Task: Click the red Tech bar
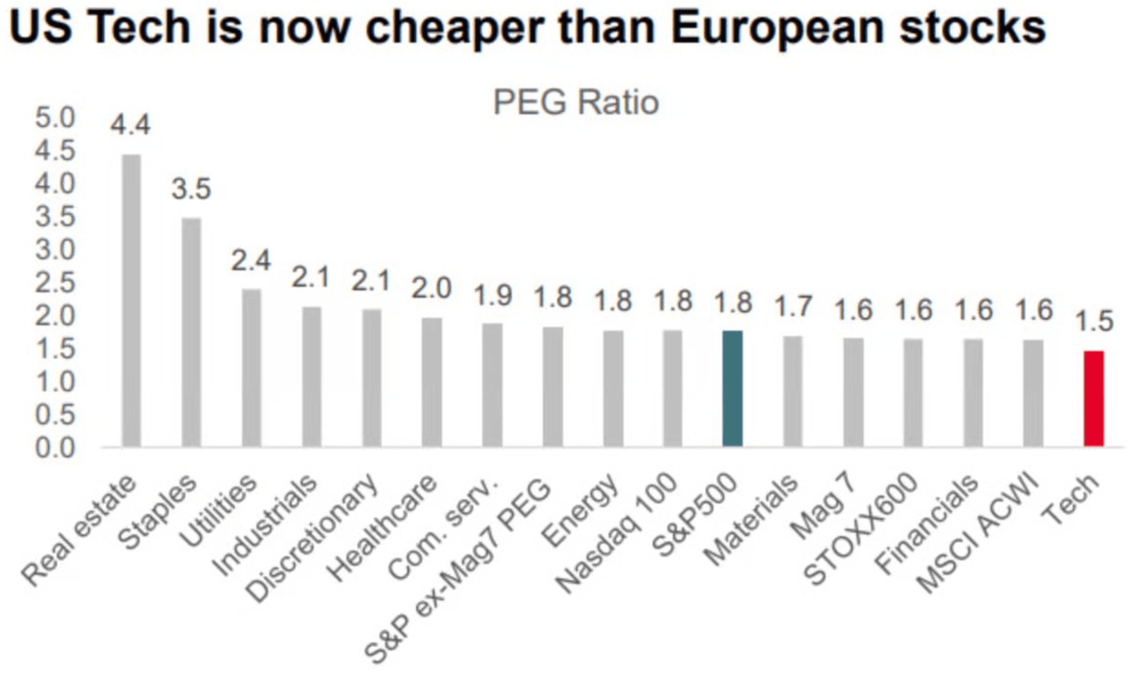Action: tap(1093, 398)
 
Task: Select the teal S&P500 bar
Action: tap(732, 389)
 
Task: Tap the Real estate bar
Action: tap(131, 300)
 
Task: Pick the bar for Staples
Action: tap(191, 332)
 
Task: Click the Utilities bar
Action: tap(251, 368)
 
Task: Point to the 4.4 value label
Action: tap(130, 125)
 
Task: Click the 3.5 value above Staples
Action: tap(191, 189)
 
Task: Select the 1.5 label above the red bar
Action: tap(1094, 321)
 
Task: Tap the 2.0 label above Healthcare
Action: tap(431, 289)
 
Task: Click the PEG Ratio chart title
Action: tap(576, 103)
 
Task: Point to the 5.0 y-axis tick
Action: tap(55, 118)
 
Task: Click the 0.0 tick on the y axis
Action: tap(55, 448)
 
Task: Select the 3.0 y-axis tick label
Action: tap(55, 250)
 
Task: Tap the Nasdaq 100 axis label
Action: tap(617, 533)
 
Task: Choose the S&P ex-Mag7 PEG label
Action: tap(458, 570)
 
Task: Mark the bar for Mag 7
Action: tap(853, 392)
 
